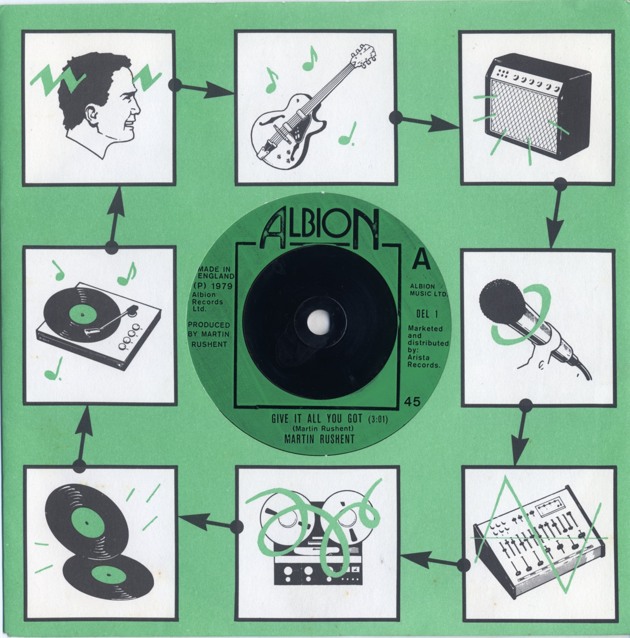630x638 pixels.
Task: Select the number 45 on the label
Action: click(x=412, y=402)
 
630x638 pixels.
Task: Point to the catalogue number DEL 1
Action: click(x=427, y=314)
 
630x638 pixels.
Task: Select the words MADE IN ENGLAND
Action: click(x=215, y=272)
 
